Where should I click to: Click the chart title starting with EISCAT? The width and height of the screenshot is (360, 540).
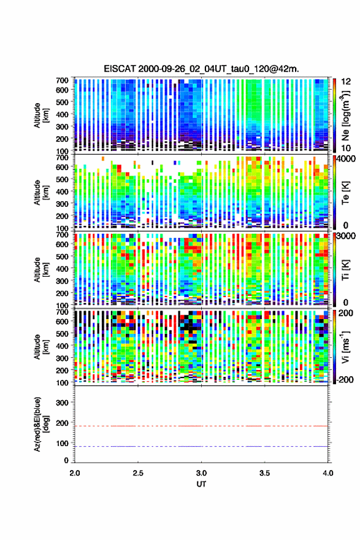coord(201,69)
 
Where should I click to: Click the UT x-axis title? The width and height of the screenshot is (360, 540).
coord(201,484)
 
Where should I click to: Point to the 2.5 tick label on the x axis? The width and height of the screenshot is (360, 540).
coord(138,473)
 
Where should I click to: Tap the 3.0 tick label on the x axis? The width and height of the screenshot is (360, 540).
coord(201,473)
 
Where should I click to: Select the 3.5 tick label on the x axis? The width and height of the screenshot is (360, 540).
coord(265,473)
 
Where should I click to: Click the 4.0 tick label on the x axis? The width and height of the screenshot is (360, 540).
coord(328,473)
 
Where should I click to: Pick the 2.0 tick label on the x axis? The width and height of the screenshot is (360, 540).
coord(75,473)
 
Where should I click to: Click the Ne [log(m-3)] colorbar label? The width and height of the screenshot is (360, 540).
coord(345,115)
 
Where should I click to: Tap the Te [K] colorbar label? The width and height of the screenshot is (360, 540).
coord(345,193)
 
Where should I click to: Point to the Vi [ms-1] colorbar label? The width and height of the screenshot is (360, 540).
coord(345,347)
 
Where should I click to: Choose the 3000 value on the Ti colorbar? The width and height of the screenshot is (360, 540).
coord(346,236)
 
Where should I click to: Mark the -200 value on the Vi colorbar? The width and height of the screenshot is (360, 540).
coord(343,380)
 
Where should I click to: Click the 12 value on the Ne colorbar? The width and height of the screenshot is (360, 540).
coord(346,82)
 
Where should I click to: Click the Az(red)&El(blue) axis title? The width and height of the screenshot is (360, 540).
coord(40,424)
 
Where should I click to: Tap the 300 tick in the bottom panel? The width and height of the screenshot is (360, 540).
coord(63,403)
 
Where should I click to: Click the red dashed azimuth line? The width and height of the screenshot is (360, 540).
coord(201,426)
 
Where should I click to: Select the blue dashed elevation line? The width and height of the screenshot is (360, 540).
coord(201,446)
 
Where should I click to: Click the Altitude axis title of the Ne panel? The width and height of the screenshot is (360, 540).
coord(40,115)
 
